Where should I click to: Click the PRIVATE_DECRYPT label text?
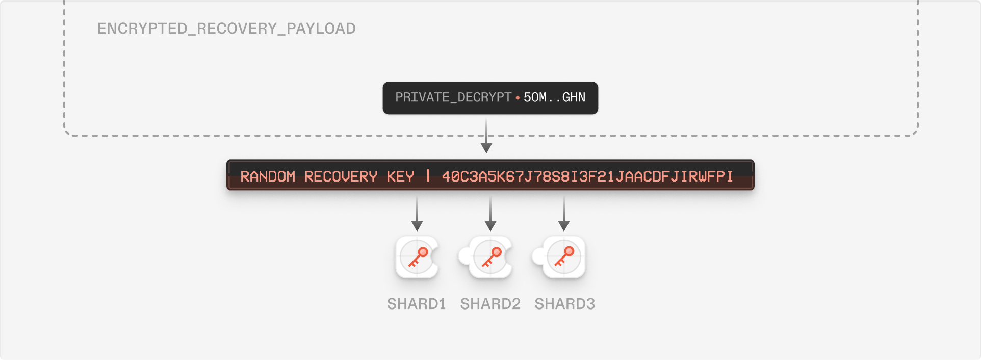point(453,97)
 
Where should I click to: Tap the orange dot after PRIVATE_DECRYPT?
point(518,97)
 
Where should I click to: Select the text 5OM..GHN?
point(554,97)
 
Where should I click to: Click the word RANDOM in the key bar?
point(268,176)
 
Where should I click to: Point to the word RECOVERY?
point(341,176)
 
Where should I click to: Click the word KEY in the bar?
point(400,176)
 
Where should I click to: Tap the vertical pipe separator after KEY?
point(428,176)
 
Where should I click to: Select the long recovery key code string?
point(587,176)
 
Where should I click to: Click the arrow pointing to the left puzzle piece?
point(417,219)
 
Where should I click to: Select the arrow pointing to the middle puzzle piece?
point(490,219)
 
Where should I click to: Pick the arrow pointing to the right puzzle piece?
point(564,219)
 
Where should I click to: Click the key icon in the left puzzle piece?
point(418,256)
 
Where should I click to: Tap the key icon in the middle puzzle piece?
point(491,256)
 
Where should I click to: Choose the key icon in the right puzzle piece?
point(564,256)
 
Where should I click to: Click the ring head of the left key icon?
point(423,251)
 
